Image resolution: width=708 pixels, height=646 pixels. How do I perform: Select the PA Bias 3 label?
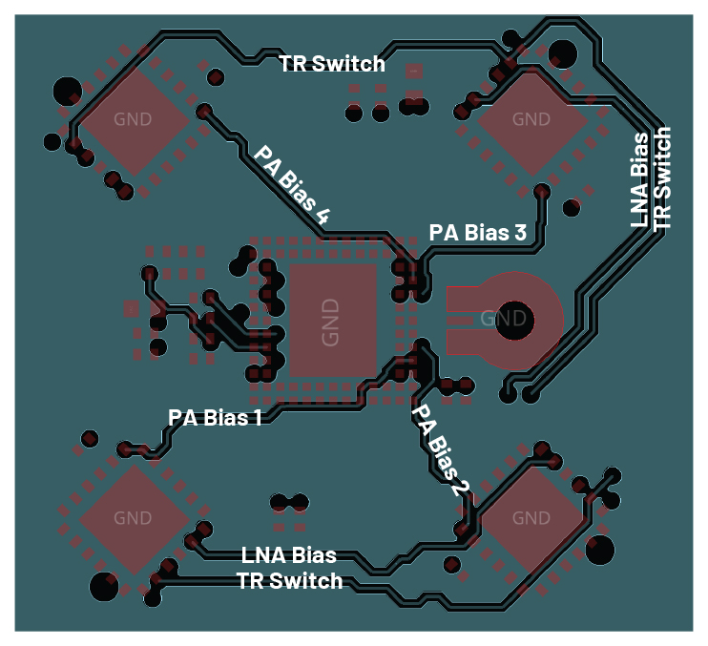[478, 232]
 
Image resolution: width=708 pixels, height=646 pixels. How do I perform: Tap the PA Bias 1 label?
[215, 418]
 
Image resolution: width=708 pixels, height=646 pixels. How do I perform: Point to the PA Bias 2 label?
[441, 449]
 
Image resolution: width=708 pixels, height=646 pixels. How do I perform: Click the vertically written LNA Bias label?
[641, 179]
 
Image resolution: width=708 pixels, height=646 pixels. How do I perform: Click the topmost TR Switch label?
[332, 64]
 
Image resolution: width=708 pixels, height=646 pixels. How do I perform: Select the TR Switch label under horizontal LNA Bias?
[289, 579]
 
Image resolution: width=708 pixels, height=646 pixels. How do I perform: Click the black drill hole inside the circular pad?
[516, 320]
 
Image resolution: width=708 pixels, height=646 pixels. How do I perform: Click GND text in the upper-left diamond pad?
[132, 119]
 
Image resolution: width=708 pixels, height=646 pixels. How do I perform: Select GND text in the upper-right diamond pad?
[531, 119]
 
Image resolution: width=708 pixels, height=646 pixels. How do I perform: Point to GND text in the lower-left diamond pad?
[133, 518]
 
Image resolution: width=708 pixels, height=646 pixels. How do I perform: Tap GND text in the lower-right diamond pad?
[531, 518]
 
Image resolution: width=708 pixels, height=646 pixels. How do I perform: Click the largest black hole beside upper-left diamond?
[68, 91]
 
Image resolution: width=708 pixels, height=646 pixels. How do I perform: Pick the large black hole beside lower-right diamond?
[599, 549]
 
